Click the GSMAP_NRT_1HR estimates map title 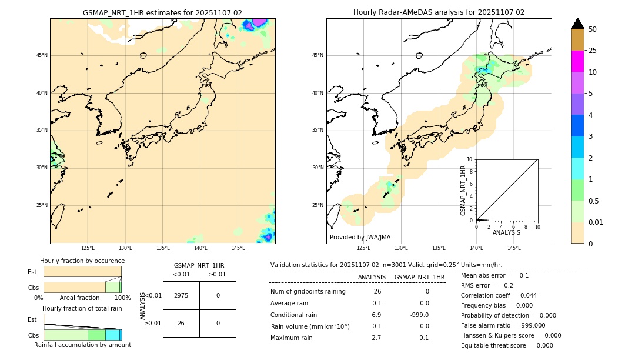pyautogui.click(x=162, y=12)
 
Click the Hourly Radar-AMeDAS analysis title pyautogui.click(x=439, y=12)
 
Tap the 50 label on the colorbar pyautogui.click(x=593, y=29)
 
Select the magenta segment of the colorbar pyautogui.click(x=577, y=61)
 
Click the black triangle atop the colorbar pyautogui.click(x=577, y=24)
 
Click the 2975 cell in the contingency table pyautogui.click(x=181, y=295)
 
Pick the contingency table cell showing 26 pyautogui.click(x=181, y=323)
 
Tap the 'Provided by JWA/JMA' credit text pyautogui.click(x=360, y=237)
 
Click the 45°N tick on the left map pyautogui.click(x=42, y=55)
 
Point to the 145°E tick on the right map pyautogui.click(x=514, y=248)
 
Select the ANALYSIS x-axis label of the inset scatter pyautogui.click(x=506, y=232)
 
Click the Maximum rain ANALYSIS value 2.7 pyautogui.click(x=376, y=338)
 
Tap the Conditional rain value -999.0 pyautogui.click(x=419, y=315)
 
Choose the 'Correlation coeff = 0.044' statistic pyautogui.click(x=499, y=295)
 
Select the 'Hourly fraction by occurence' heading pyautogui.click(x=82, y=261)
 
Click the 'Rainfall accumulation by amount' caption pyautogui.click(x=82, y=345)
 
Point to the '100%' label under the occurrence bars pyautogui.click(x=122, y=298)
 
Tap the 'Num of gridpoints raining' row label pyautogui.click(x=308, y=291)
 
